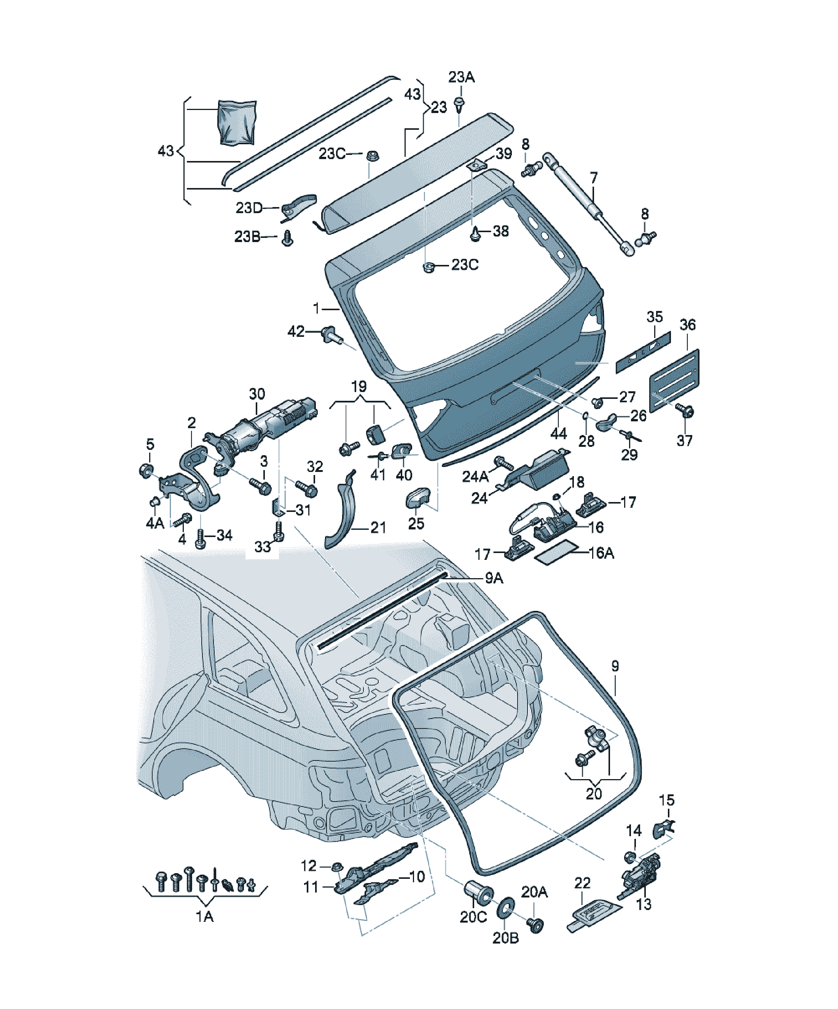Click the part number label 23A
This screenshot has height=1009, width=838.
coord(461,77)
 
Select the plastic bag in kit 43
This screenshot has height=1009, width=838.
coord(237,122)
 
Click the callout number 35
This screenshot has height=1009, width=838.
coord(655,317)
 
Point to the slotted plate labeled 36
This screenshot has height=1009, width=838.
coord(674,381)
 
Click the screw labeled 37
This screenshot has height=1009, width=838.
coord(684,410)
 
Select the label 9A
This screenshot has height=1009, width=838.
coord(494,578)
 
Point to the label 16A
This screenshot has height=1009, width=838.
coord(601,553)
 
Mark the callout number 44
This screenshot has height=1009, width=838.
coord(558,434)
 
